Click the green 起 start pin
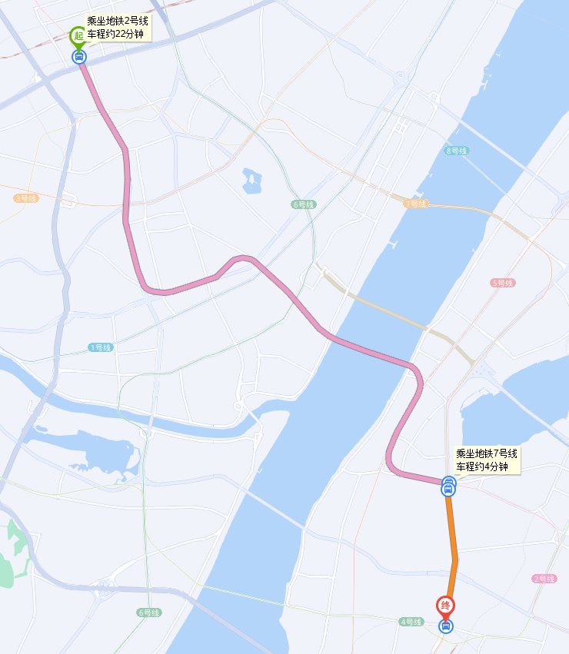[78, 36]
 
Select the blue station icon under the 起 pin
[78, 56]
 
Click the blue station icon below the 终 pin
[445, 626]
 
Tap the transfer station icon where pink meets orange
[448, 485]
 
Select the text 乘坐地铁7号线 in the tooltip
[487, 454]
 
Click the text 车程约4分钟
[483, 466]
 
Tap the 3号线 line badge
[25, 198]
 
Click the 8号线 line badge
[456, 151]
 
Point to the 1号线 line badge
[101, 347]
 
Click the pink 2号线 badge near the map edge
[544, 579]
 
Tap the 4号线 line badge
[411, 621]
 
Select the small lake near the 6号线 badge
[251, 181]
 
